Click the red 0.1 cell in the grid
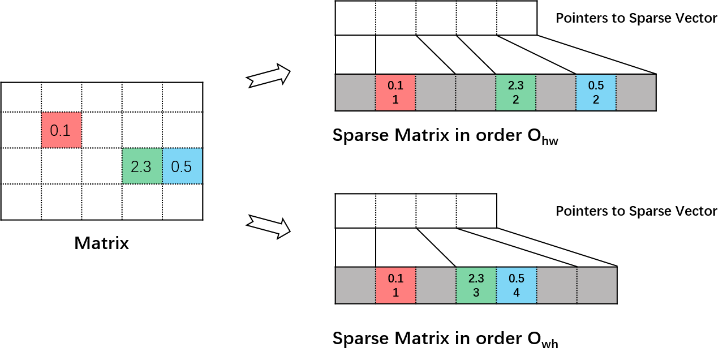click(61, 130)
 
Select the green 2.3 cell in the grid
click(142, 166)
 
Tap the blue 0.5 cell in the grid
click(182, 166)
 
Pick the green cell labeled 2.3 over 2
click(515, 92)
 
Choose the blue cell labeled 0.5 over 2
click(596, 92)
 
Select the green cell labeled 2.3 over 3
click(476, 285)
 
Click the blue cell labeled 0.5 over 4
click(516, 285)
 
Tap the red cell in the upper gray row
click(395, 92)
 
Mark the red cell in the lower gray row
click(395, 285)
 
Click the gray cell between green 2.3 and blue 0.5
click(556, 92)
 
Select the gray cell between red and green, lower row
click(436, 285)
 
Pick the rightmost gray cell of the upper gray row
click(635, 92)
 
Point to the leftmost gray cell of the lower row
click(355, 285)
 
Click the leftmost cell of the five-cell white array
click(355, 18)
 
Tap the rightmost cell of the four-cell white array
click(476, 211)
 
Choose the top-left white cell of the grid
click(21, 97)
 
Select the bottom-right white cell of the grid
click(182, 202)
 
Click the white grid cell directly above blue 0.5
click(182, 130)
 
